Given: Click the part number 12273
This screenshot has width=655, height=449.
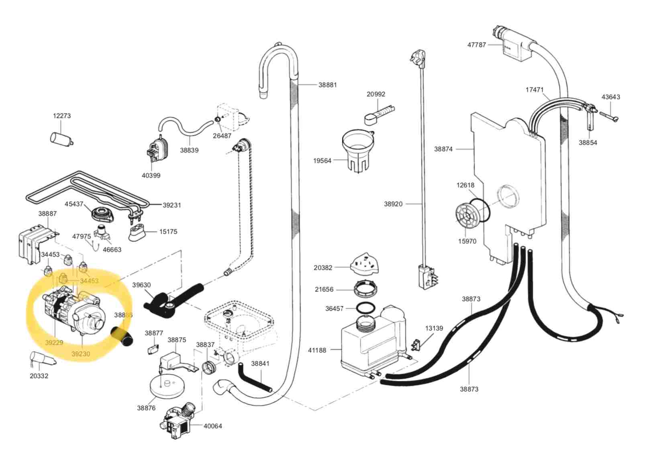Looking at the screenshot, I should point(61,115).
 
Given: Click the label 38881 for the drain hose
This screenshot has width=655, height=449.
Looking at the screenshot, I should point(328,85).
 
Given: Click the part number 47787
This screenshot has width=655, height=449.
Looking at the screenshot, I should point(476,44).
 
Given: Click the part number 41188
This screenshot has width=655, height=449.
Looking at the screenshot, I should point(317,350).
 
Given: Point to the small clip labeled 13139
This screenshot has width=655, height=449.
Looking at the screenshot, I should point(416,345).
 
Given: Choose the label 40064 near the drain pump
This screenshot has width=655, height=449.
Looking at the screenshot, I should point(212,426).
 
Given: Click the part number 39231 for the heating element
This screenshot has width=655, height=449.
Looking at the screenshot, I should point(171,205).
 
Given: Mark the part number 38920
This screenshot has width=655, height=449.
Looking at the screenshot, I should point(393,204).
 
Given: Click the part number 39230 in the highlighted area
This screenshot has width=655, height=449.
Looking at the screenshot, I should point(81,354).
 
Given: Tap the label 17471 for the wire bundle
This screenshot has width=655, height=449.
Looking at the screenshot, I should point(534,89).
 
